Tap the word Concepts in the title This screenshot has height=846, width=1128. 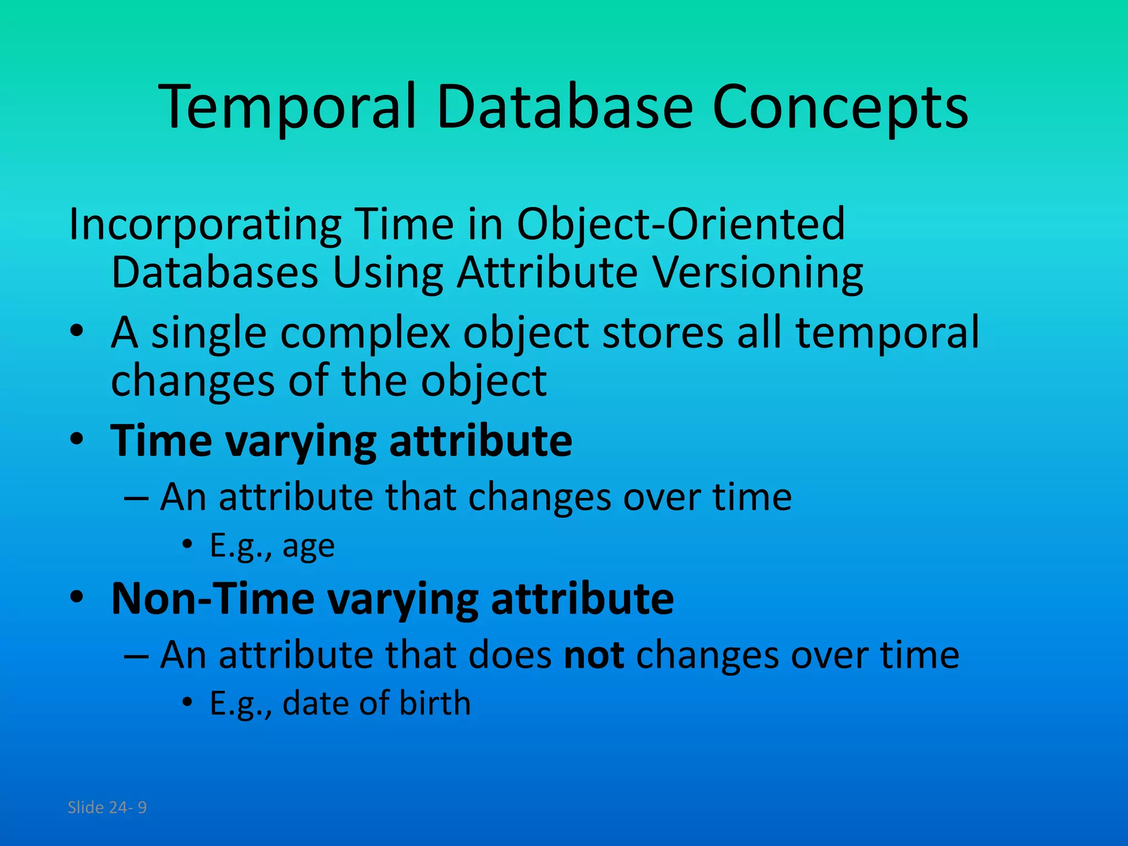(x=839, y=107)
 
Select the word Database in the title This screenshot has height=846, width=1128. (x=564, y=107)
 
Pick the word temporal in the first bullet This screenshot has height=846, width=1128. (x=887, y=333)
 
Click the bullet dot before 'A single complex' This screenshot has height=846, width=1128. (x=77, y=332)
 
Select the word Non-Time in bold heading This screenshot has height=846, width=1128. (x=212, y=599)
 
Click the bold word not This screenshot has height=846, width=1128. (x=594, y=655)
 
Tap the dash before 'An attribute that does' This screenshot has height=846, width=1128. (x=135, y=656)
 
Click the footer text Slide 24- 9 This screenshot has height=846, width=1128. (x=107, y=807)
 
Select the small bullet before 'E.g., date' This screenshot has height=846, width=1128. (x=188, y=702)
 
